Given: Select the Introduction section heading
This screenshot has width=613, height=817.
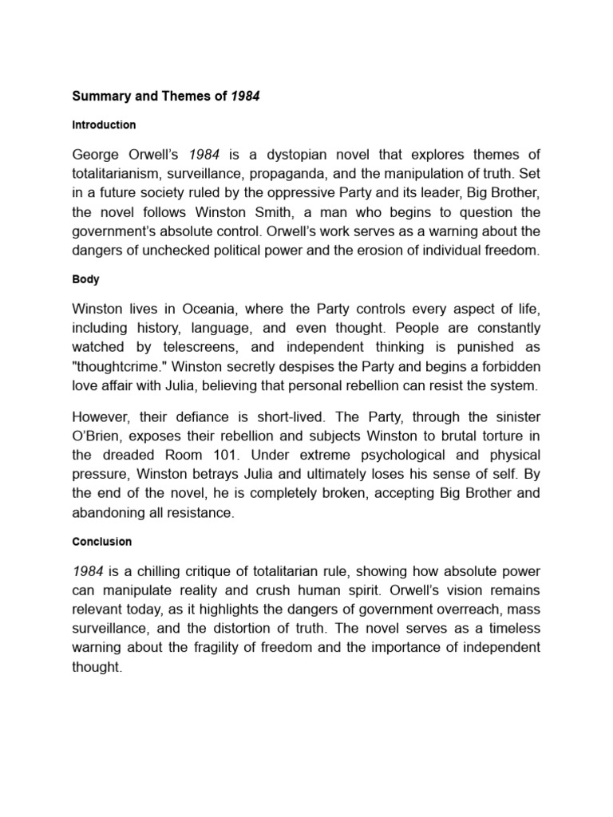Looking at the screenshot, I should (104, 125).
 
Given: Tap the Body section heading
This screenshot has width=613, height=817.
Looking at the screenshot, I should (85, 281).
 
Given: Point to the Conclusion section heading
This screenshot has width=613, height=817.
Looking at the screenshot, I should (101, 542).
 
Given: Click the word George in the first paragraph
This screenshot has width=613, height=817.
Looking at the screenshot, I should (97, 154).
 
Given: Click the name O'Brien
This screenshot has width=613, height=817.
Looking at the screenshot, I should (101, 436).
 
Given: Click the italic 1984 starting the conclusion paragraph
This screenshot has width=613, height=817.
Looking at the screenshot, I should (88, 571).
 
